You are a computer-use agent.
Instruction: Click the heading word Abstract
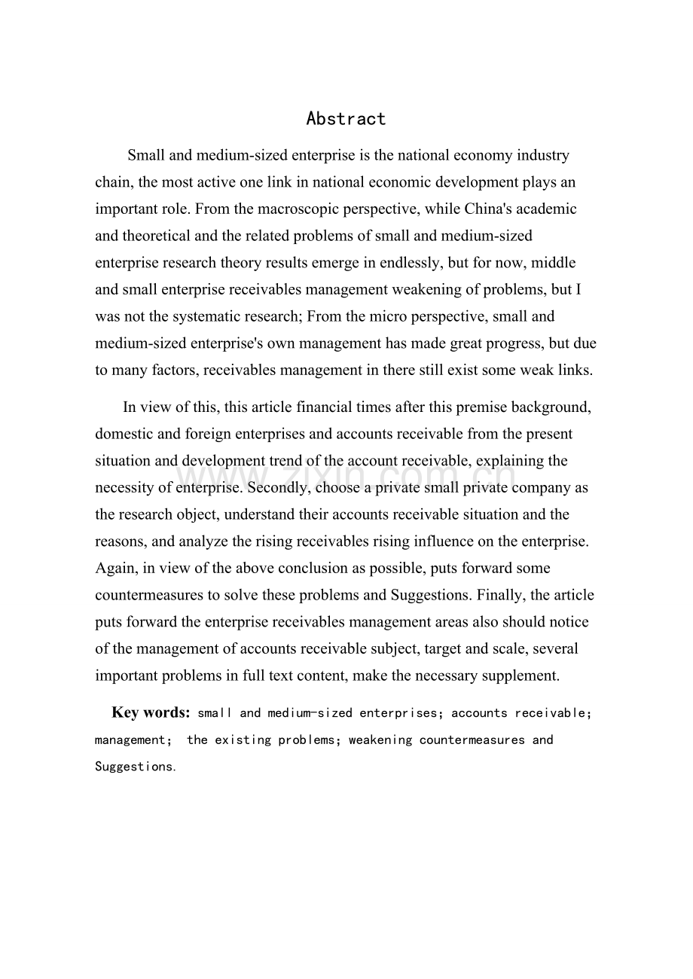346,118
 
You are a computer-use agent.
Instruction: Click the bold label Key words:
151,712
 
